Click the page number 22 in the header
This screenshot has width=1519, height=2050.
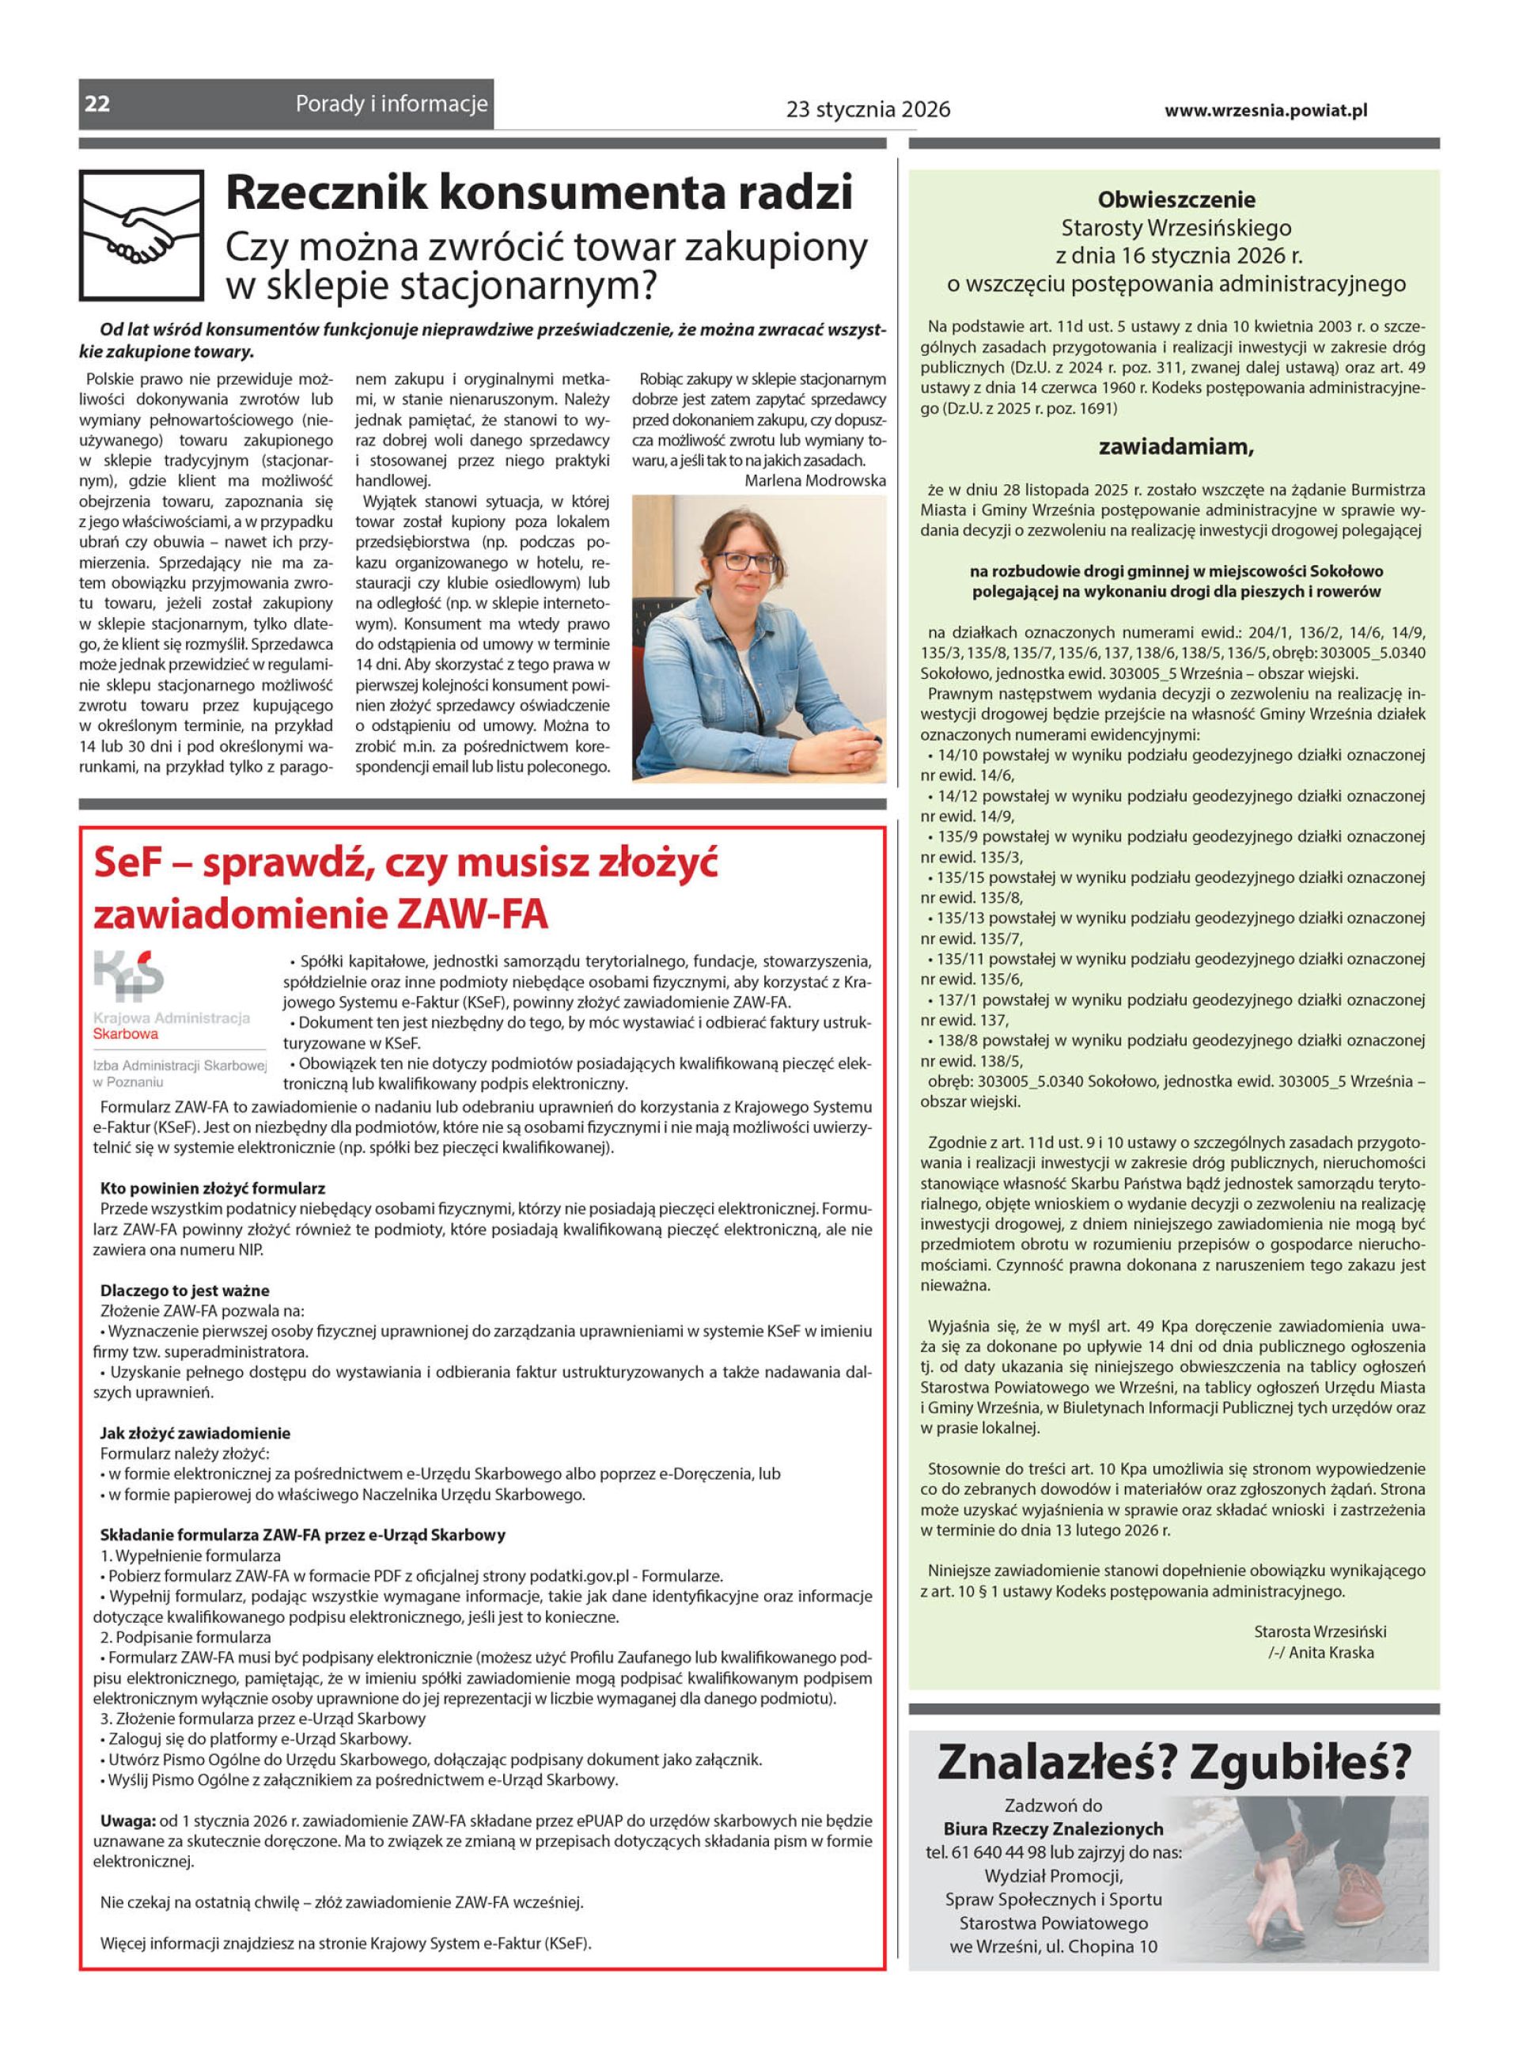(x=97, y=104)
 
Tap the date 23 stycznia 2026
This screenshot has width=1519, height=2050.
(x=867, y=110)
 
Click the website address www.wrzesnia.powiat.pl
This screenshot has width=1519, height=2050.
(x=1265, y=110)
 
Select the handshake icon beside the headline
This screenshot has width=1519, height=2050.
(x=142, y=234)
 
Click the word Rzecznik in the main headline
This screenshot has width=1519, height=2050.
(x=324, y=193)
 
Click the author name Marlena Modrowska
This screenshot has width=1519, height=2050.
(x=815, y=481)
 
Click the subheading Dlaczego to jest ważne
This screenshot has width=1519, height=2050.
(x=185, y=1290)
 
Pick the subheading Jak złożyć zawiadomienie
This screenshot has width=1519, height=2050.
(x=195, y=1432)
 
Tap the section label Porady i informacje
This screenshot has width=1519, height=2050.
(x=392, y=104)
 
